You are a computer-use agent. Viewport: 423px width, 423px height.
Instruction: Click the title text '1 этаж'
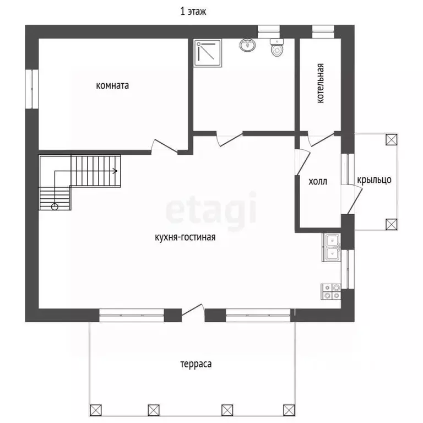pos(193,12)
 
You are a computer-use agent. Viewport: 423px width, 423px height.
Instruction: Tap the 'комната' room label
pos(112,85)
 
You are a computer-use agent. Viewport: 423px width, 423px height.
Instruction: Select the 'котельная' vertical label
pos(320,83)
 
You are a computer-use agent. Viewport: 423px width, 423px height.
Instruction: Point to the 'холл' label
pos(318,181)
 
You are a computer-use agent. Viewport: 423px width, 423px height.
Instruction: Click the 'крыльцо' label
pos(374,180)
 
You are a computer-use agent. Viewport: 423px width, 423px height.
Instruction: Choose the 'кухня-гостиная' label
pos(185,237)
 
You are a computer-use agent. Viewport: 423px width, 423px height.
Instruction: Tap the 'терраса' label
pos(196,364)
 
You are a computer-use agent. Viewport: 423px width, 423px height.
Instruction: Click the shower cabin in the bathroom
pos(208,53)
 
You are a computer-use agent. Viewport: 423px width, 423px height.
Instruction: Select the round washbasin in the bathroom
pos(247,45)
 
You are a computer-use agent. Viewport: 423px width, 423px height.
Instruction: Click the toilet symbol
pos(277,47)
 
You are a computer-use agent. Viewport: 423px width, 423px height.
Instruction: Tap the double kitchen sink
pos(331,247)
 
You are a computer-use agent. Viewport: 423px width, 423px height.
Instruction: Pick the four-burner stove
pos(331,291)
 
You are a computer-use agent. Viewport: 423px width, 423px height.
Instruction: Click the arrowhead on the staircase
pos(115,171)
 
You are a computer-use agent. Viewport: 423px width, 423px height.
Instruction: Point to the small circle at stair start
pos(55,207)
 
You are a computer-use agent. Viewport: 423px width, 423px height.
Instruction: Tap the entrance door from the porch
pos(355,200)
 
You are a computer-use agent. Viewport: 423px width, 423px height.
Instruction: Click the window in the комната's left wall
pos(32,89)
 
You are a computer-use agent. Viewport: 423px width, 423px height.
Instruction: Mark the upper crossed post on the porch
pos(392,140)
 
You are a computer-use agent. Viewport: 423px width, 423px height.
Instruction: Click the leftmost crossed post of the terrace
pos(96,410)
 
